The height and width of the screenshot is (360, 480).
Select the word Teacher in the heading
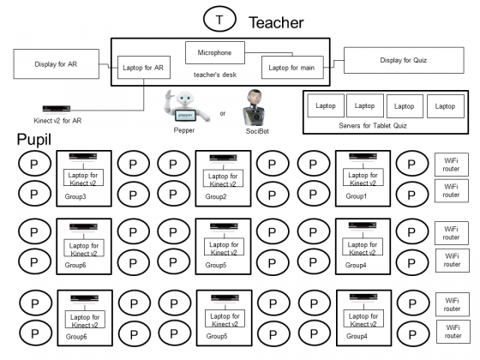pos(276,22)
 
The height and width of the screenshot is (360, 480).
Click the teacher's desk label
pos(215,75)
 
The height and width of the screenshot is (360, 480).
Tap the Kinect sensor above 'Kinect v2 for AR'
pos(57,109)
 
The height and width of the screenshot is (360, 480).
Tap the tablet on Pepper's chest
pos(185,116)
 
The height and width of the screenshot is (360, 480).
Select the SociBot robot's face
pos(255,98)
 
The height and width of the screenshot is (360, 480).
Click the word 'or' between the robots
pos(223,113)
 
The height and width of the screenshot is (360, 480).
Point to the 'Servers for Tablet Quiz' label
pos(373,125)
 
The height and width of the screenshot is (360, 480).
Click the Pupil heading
pos(33,140)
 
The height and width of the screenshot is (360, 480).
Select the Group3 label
pos(75,196)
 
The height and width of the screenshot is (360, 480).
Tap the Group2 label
pos(216,196)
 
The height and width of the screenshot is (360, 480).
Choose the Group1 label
pos(356,196)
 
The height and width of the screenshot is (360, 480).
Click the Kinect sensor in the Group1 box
pos(363,157)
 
